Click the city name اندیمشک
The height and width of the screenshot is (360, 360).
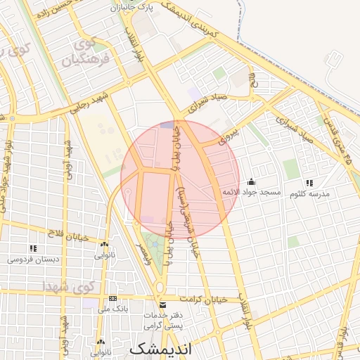pos(161,348)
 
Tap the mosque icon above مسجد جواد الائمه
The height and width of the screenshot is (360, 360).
pos(252,182)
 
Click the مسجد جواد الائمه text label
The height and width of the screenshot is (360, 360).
pos(251,192)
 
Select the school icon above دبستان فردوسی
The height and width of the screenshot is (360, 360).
pos(32,248)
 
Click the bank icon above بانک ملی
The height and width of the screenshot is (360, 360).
pos(112,299)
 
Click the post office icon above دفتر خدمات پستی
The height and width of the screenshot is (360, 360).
pos(163,305)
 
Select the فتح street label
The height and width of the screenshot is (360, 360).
pos(254,82)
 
